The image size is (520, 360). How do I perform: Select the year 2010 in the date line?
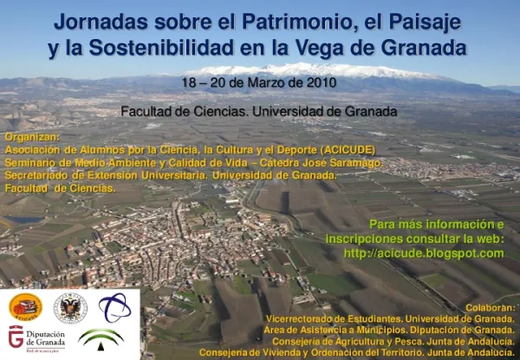320,82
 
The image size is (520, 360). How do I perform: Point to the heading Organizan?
32,137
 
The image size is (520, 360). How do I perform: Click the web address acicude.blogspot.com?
423,253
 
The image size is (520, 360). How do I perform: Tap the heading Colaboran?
490,307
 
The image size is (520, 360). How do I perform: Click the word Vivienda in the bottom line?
282,352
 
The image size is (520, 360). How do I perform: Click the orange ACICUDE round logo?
25,306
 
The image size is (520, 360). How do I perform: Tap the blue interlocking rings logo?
114,306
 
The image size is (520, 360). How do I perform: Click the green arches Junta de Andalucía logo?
101,337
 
